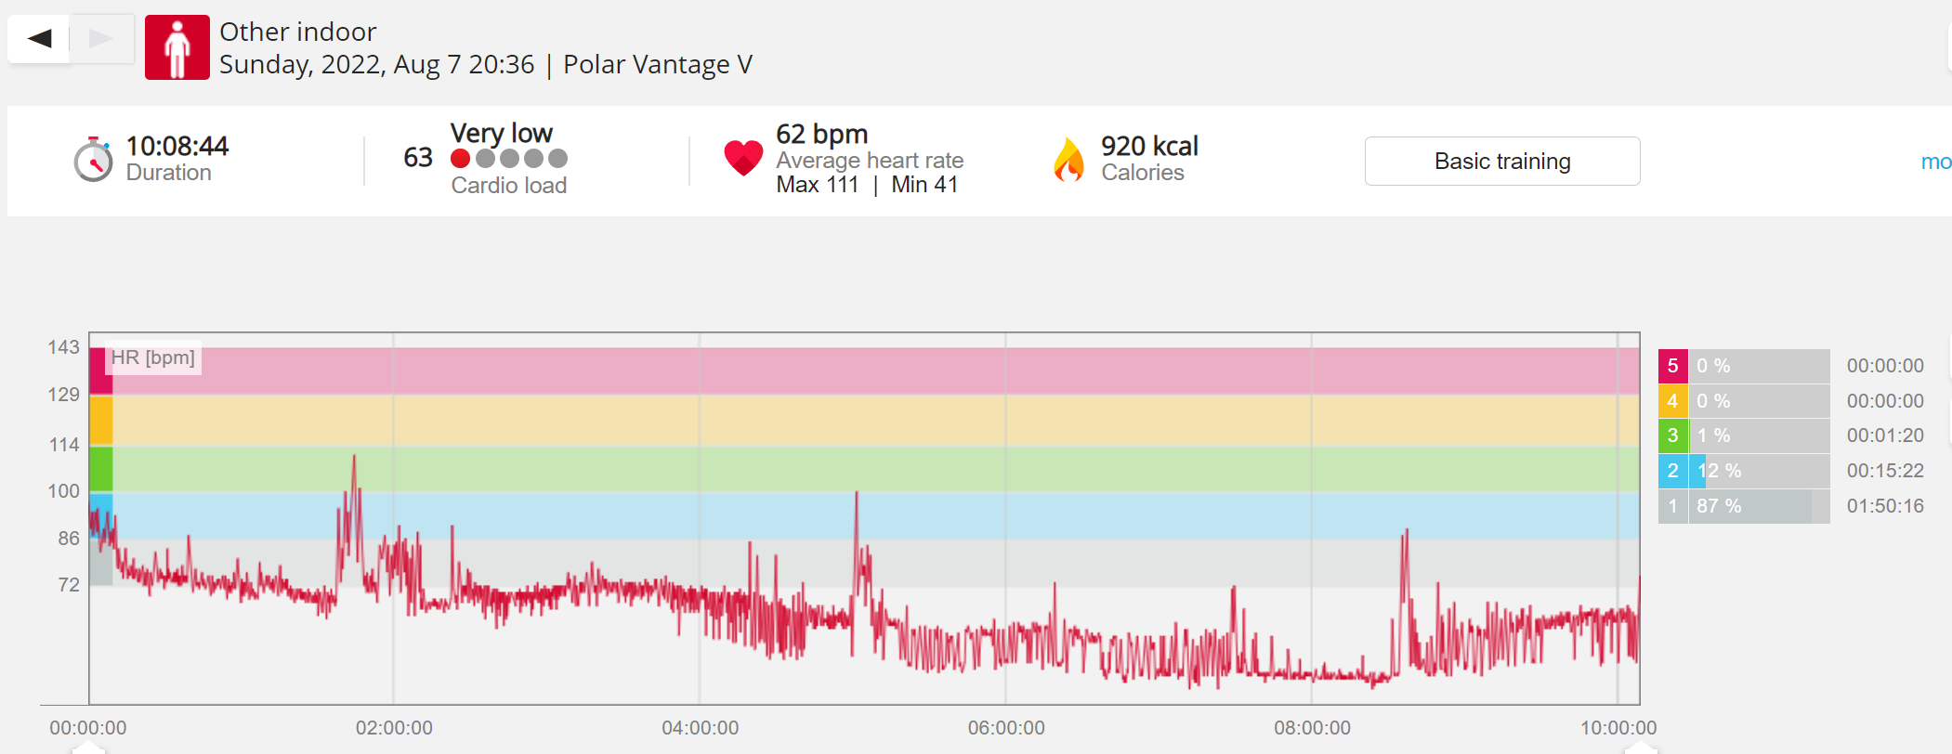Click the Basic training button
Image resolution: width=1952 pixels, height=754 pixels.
pyautogui.click(x=1501, y=161)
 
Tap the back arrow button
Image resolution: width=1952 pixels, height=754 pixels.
pyautogui.click(x=39, y=39)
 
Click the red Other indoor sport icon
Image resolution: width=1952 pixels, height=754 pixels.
pyautogui.click(x=177, y=47)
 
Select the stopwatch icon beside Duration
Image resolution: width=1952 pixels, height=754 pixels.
pyautogui.click(x=93, y=160)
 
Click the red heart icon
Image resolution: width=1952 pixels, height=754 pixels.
pyautogui.click(x=743, y=158)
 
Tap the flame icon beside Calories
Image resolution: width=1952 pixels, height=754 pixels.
pyautogui.click(x=1069, y=159)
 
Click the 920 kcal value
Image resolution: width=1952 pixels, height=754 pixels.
pyautogui.click(x=1149, y=146)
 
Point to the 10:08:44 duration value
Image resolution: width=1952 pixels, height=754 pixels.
pyautogui.click(x=177, y=146)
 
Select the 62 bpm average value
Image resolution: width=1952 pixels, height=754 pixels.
pyautogui.click(x=821, y=135)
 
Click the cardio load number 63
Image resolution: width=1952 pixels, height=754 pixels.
pyautogui.click(x=418, y=158)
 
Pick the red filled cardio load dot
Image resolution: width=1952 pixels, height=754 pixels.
pyautogui.click(x=460, y=159)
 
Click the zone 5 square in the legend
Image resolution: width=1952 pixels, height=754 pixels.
pyautogui.click(x=1672, y=366)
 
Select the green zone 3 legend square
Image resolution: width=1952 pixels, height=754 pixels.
pyautogui.click(x=1672, y=435)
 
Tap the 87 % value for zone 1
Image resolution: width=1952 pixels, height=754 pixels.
pyautogui.click(x=1719, y=506)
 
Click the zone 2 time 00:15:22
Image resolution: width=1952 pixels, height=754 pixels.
pyautogui.click(x=1885, y=471)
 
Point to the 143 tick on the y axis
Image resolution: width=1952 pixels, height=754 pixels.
pyautogui.click(x=64, y=347)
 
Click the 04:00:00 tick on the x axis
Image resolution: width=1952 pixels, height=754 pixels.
pyautogui.click(x=701, y=728)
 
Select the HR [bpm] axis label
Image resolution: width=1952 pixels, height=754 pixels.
pyautogui.click(x=153, y=357)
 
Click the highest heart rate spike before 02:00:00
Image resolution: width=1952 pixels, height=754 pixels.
pyautogui.click(x=354, y=457)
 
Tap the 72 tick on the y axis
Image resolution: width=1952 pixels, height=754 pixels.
pyautogui.click(x=69, y=585)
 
